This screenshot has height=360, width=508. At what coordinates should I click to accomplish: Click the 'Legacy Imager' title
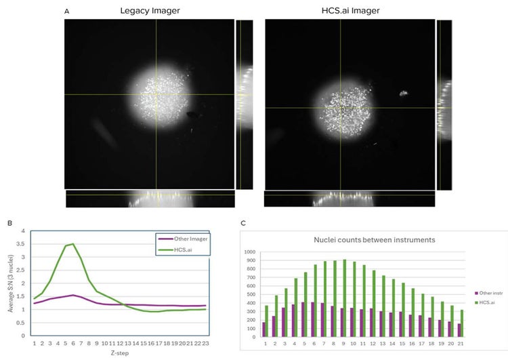tap(150, 12)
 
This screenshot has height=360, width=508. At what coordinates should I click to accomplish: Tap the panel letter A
tap(66, 12)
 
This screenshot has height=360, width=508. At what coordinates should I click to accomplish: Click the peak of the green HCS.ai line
tap(72, 244)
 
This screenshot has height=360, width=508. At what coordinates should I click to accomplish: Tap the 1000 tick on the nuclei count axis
tap(250, 252)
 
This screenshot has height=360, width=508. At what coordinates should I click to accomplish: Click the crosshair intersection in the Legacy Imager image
tap(156, 95)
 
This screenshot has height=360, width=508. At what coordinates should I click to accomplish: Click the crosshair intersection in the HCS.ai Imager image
tap(341, 107)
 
